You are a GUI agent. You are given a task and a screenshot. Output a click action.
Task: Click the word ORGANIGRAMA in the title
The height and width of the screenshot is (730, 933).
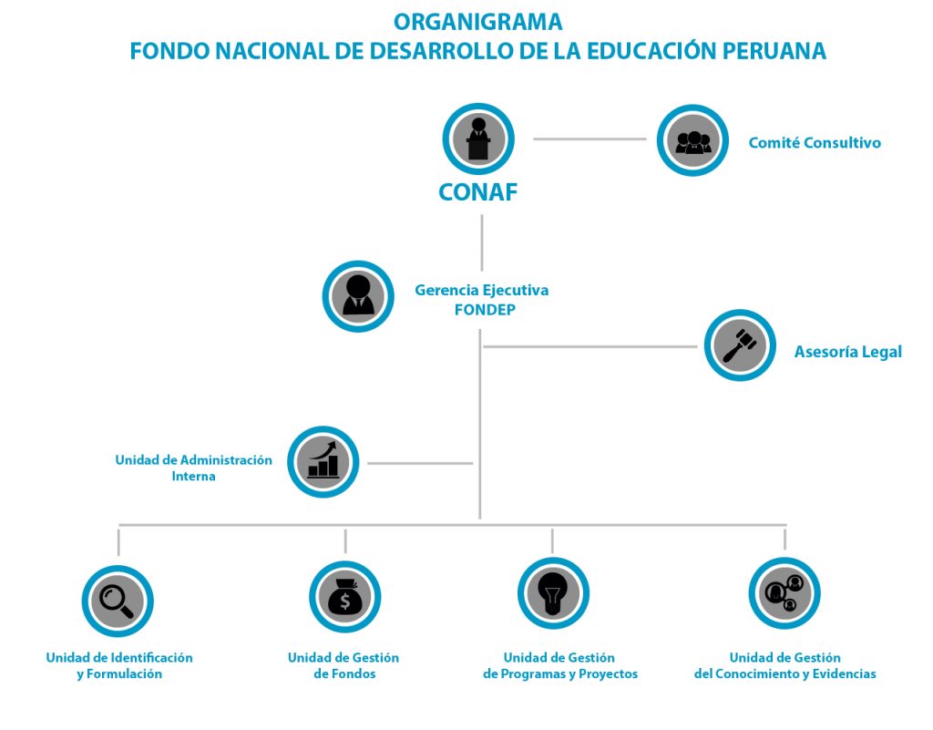coord(477,22)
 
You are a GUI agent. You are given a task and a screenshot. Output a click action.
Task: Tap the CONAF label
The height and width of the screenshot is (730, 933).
coord(477,192)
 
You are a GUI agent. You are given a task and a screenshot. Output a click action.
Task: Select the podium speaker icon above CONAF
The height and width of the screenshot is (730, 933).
coord(477,139)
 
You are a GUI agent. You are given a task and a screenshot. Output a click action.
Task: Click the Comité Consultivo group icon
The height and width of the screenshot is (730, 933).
coord(692,140)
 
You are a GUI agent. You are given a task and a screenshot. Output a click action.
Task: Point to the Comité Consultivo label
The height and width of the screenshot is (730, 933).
coord(815,143)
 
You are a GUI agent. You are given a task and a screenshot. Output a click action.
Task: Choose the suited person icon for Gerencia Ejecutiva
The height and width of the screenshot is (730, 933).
coord(358,296)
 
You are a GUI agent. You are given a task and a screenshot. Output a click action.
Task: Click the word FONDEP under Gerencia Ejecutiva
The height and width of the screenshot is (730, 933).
coord(485,310)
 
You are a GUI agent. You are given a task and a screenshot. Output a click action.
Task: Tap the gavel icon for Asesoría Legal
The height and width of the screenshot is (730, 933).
coord(740,345)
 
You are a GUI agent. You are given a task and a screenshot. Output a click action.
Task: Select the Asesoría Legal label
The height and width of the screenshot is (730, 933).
coord(848,352)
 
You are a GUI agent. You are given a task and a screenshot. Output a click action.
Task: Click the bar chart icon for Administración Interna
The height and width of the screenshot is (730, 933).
coord(323,462)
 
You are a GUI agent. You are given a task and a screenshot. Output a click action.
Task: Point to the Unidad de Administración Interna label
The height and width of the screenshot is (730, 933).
coord(193,468)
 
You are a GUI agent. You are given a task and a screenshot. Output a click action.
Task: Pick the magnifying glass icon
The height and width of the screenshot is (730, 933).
coord(118,601)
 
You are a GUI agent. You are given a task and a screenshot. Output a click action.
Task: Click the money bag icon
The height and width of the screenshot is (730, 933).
coord(345,597)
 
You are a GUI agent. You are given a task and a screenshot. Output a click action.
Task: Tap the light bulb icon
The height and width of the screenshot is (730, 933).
coord(553,593)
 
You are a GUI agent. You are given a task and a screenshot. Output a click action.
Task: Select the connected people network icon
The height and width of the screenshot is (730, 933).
coord(784,593)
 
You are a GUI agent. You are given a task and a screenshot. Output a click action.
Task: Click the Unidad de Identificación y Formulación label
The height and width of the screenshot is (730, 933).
coord(119,665)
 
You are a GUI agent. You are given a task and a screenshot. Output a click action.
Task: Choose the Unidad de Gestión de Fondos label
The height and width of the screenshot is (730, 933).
coord(343,665)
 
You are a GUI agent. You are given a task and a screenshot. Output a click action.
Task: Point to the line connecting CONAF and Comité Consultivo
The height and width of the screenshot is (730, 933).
coord(590,139)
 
